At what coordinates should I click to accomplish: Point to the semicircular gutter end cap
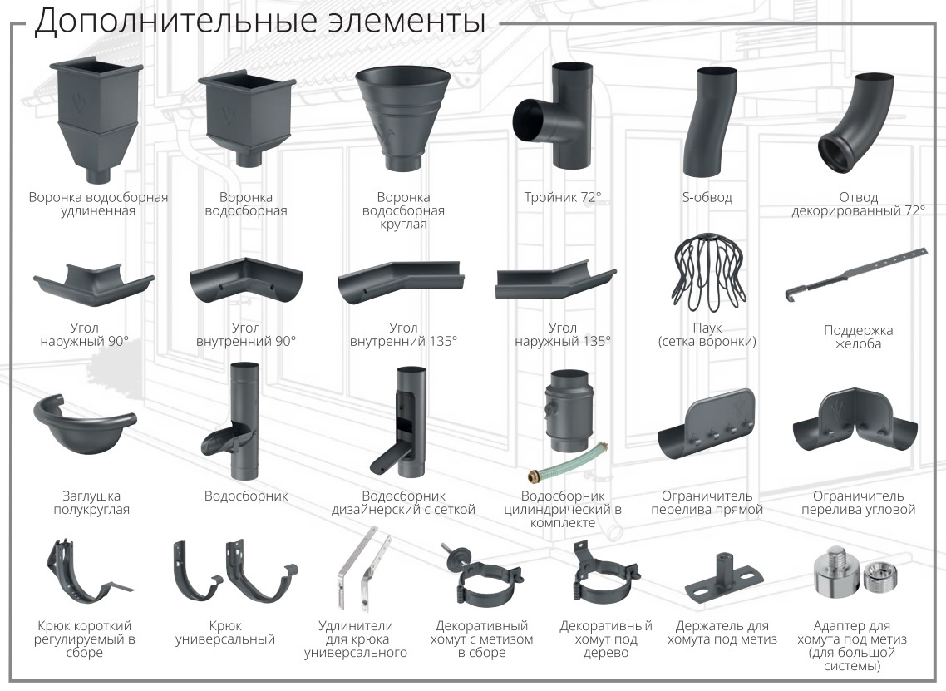[85, 426]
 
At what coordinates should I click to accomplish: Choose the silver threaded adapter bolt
[835, 571]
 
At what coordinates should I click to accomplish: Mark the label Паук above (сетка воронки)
[707, 328]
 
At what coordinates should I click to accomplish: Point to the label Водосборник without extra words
[246, 496]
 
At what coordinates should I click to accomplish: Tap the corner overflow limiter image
[855, 422]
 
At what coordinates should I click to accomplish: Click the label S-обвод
[707, 197]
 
